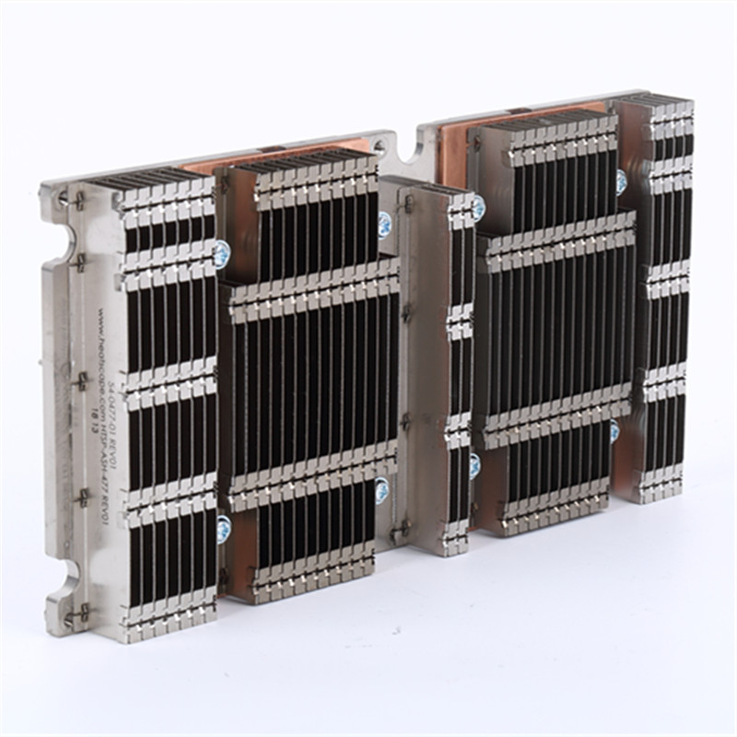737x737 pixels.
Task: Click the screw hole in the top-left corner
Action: tap(63, 196)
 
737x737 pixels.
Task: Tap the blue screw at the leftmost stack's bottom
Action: tap(224, 528)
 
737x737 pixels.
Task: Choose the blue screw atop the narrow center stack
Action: tap(477, 208)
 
